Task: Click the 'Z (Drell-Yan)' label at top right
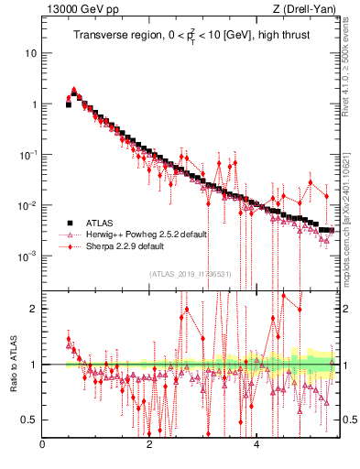[307, 10]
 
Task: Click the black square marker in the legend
[69, 223]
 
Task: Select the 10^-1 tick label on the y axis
[27, 154]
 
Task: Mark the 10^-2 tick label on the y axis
[27, 204]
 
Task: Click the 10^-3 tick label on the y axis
[27, 256]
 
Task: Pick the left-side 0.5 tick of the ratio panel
[29, 420]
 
